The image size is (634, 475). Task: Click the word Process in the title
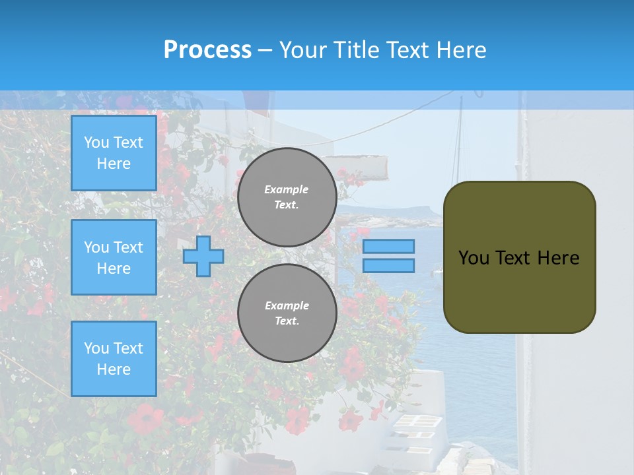click(207, 50)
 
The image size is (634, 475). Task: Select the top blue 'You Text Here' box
click(114, 153)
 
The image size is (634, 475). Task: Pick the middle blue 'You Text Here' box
click(114, 257)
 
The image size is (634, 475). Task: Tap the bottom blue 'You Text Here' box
click(114, 359)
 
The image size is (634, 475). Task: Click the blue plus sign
click(203, 256)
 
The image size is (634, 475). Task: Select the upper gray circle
click(287, 197)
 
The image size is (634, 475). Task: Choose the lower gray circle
click(287, 313)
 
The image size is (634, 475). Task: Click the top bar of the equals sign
click(389, 246)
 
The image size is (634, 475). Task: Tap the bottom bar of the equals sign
click(389, 265)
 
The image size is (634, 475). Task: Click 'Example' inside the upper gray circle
click(287, 189)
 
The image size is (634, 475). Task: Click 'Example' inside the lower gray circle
click(287, 305)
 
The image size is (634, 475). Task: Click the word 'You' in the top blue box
click(96, 142)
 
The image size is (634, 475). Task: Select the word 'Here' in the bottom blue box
click(114, 369)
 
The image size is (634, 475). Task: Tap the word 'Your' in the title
click(301, 50)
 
